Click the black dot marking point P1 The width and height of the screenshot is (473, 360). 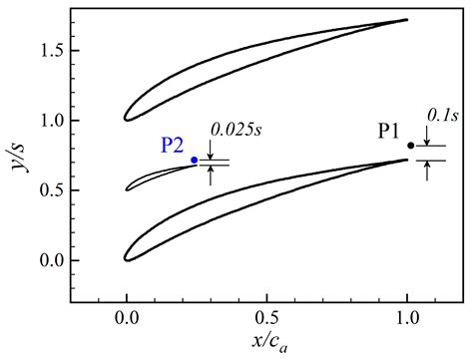click(x=410, y=146)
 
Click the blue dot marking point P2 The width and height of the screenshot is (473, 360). click(x=194, y=160)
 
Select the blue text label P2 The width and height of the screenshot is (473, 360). click(x=173, y=146)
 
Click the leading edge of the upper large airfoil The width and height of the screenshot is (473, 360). click(x=126, y=118)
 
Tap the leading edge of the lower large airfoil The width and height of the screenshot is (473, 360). click(x=126, y=257)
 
